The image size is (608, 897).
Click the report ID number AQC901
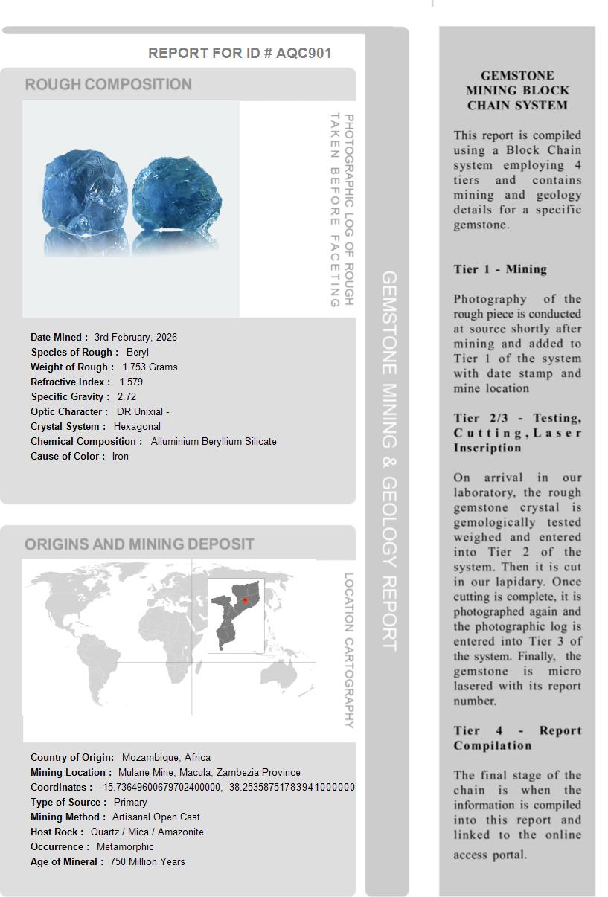[x=304, y=53]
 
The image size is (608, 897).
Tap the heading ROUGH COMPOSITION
[x=109, y=85]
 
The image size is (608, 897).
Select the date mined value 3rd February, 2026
[x=135, y=337]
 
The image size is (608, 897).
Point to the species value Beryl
[x=138, y=352]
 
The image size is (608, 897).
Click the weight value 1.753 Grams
[x=150, y=367]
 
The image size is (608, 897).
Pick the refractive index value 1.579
[x=131, y=382]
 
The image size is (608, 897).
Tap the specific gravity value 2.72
[x=127, y=396]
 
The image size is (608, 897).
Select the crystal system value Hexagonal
[x=137, y=426]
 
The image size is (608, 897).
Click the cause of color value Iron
[x=121, y=456]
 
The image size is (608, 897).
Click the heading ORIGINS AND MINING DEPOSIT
[x=139, y=544]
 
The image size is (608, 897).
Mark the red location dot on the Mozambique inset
[x=245, y=600]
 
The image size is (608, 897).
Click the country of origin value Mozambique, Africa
[x=166, y=757]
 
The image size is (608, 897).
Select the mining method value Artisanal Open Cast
[x=156, y=817]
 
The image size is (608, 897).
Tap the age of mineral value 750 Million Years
[x=147, y=861]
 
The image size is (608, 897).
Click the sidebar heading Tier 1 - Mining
[x=500, y=269]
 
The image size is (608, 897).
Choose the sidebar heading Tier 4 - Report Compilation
[x=517, y=738]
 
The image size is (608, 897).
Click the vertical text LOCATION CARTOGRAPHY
[x=348, y=650]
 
